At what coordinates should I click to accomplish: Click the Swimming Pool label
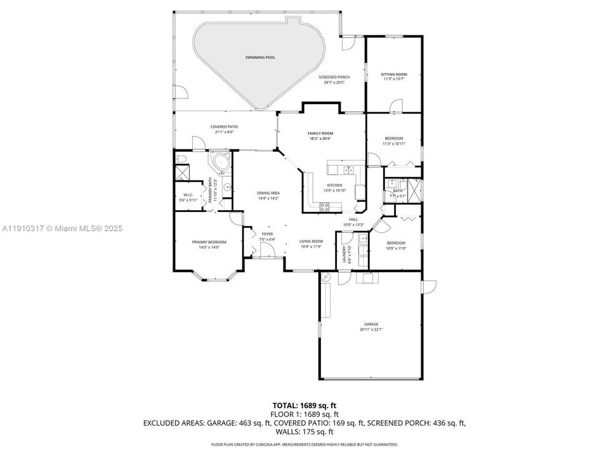[261, 58]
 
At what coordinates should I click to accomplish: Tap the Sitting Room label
[394, 75]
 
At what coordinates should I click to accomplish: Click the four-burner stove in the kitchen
[325, 205]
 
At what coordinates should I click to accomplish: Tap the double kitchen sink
[348, 169]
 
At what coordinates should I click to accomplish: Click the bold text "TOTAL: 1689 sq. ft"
[304, 404]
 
